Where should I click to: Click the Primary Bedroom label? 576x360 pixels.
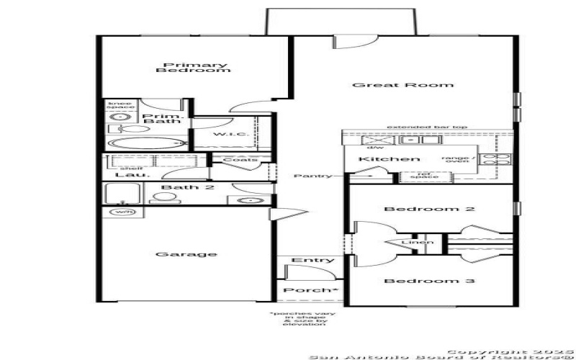click(192, 68)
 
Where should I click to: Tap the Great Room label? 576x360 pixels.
click(402, 85)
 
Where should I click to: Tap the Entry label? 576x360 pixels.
click(312, 260)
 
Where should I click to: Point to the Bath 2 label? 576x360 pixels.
click(179, 188)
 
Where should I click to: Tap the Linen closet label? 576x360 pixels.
click(418, 242)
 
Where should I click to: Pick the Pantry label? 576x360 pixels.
click(313, 176)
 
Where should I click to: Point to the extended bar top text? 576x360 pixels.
click(427, 127)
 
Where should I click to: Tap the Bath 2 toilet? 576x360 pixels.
click(160, 198)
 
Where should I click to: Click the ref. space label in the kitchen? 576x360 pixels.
click(419, 175)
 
